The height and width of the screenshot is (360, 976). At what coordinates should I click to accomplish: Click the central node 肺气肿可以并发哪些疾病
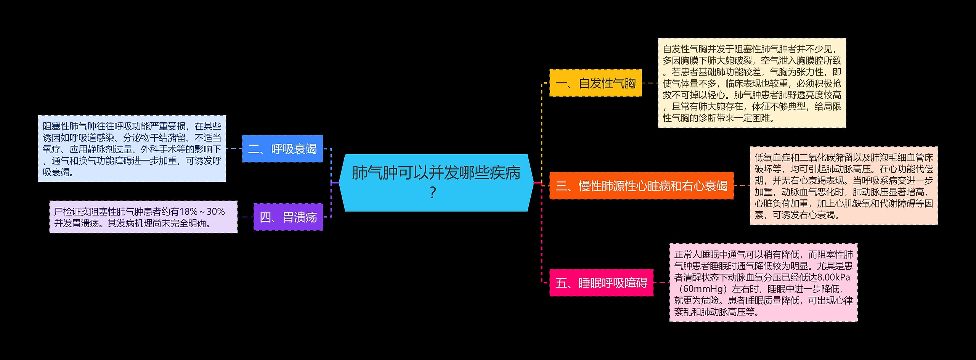coord(436,174)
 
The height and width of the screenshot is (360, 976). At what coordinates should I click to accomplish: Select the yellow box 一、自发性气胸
coord(595,83)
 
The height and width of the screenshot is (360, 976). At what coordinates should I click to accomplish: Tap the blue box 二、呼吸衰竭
coord(282,149)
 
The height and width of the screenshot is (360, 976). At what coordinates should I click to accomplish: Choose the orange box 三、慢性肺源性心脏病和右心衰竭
coord(641,186)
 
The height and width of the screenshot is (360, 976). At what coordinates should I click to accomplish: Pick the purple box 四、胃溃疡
coord(288,217)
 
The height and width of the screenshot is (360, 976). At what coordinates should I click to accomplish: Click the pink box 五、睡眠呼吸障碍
coord(601,283)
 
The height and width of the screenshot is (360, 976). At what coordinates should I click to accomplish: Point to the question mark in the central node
coord(432,193)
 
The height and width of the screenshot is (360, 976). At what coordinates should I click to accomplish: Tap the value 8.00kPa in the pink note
coord(833,277)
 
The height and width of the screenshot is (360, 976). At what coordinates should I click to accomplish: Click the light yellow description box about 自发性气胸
coord(752,83)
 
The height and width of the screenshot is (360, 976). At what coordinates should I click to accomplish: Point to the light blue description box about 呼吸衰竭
coord(132,149)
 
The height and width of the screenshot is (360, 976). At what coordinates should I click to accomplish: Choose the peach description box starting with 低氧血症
coord(843,186)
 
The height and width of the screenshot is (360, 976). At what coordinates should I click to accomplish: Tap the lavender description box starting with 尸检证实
coord(143,217)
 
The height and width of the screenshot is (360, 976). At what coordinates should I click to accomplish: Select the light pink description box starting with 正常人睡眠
coord(763,283)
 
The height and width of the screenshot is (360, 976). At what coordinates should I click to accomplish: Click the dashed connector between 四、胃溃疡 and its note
coord(246,217)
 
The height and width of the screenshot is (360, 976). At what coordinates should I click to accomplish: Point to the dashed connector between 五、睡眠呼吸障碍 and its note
coord(661,283)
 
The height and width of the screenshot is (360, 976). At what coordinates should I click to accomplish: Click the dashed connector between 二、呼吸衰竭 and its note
coord(234,149)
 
